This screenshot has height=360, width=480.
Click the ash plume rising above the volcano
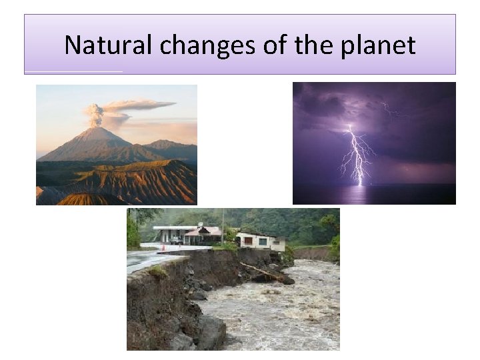coord(96,115)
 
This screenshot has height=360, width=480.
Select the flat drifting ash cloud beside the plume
coord(140,105)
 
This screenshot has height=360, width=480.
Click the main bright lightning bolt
coord(356,153)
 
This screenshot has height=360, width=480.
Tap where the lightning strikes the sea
coord(361,184)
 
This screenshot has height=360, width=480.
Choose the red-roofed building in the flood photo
coord(203,234)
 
